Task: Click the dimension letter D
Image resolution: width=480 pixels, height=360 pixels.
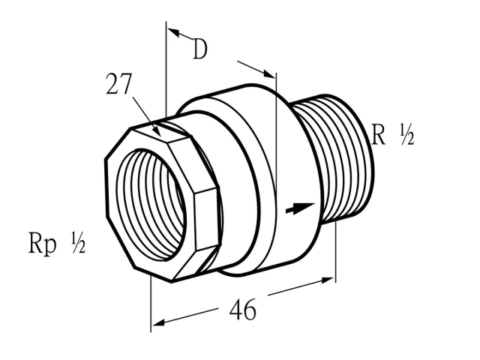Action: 200,49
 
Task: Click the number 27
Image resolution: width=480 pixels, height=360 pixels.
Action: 118,83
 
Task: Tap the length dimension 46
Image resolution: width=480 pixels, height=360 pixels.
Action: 242,310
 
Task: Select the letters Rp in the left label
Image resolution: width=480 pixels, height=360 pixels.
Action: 42,243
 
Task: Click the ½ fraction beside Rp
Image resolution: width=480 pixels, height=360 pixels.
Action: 78,242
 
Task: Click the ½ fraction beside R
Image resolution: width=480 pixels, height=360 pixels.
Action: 406,134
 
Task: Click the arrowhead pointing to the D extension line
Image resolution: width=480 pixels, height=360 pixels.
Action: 173,32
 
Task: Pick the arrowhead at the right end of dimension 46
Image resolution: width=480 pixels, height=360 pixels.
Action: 327,280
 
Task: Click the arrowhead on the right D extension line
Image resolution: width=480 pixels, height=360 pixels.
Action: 269,73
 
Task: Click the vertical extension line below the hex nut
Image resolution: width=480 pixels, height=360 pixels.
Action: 151,304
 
